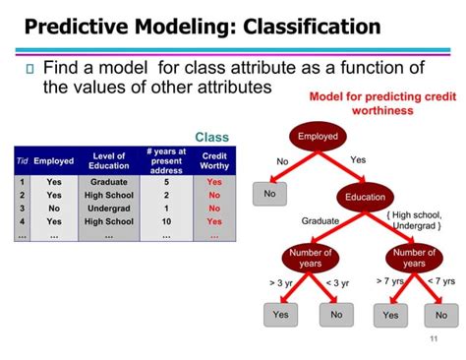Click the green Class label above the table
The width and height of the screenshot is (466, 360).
[211, 137]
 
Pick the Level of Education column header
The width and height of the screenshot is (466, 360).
[108, 160]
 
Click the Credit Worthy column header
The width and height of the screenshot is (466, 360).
[214, 160]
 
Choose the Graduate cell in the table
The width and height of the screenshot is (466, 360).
[108, 182]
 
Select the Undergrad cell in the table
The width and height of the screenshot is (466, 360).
[108, 209]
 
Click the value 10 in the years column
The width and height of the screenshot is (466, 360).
[166, 222]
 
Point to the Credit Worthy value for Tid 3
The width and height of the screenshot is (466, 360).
[214, 209]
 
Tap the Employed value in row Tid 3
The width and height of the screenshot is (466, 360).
[53, 209]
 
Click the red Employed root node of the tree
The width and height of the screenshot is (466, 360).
[318, 137]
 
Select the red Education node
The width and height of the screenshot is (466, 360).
[365, 197]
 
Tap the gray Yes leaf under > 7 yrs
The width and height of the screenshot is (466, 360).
[391, 315]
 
